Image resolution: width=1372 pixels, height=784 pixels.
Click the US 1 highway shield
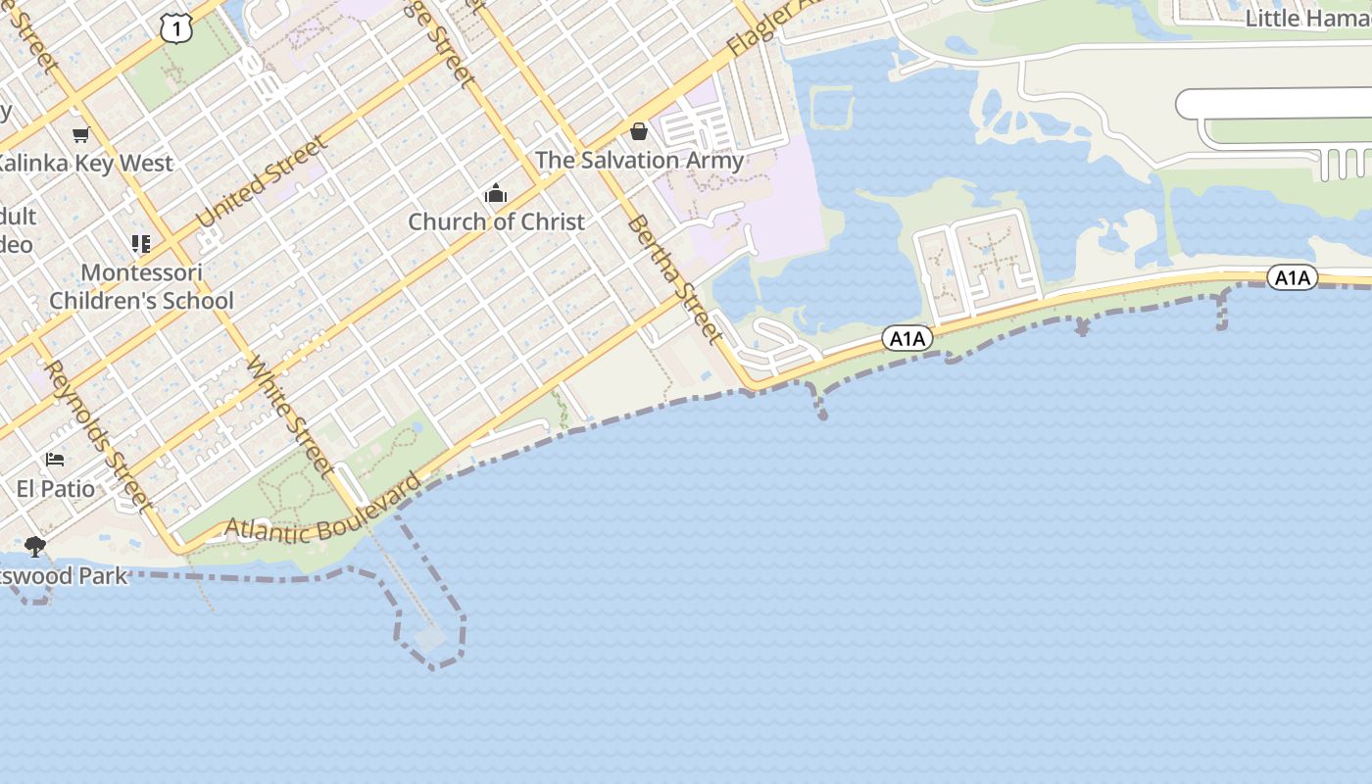(x=175, y=29)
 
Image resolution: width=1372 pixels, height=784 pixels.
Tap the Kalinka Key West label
(x=86, y=163)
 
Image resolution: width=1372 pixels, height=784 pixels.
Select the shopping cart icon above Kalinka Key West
(x=80, y=134)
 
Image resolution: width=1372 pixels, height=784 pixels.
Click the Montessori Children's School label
(x=142, y=286)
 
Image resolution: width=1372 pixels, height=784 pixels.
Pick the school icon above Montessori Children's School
(x=141, y=243)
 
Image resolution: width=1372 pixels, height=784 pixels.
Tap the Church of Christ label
(x=496, y=221)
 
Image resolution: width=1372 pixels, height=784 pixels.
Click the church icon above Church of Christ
(x=496, y=193)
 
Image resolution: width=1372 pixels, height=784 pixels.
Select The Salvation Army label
(x=639, y=160)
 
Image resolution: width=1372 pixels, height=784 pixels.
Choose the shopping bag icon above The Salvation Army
(x=639, y=131)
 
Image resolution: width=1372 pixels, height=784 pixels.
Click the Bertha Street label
(x=674, y=279)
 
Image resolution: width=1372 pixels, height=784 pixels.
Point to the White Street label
(x=291, y=416)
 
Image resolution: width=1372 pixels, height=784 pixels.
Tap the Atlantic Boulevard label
(x=324, y=514)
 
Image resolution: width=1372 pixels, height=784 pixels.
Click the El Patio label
(x=56, y=488)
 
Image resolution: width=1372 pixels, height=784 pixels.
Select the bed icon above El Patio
(x=55, y=459)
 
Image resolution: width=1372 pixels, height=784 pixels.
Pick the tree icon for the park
(x=35, y=547)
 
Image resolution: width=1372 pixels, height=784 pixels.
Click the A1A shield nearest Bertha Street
(x=906, y=339)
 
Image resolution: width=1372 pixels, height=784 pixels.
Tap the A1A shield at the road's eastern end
(x=1292, y=278)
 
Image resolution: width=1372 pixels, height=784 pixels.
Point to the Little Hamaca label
(x=1307, y=18)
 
